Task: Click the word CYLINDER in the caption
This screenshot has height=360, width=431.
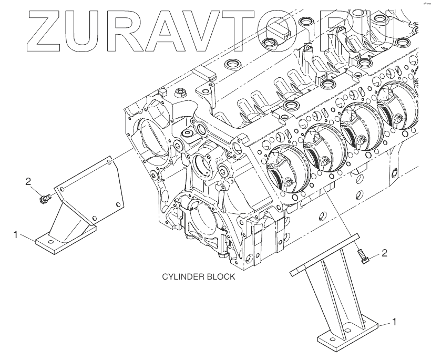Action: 181,277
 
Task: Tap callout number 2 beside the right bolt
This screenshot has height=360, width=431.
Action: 384,253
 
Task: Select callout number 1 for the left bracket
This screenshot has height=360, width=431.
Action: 17,234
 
